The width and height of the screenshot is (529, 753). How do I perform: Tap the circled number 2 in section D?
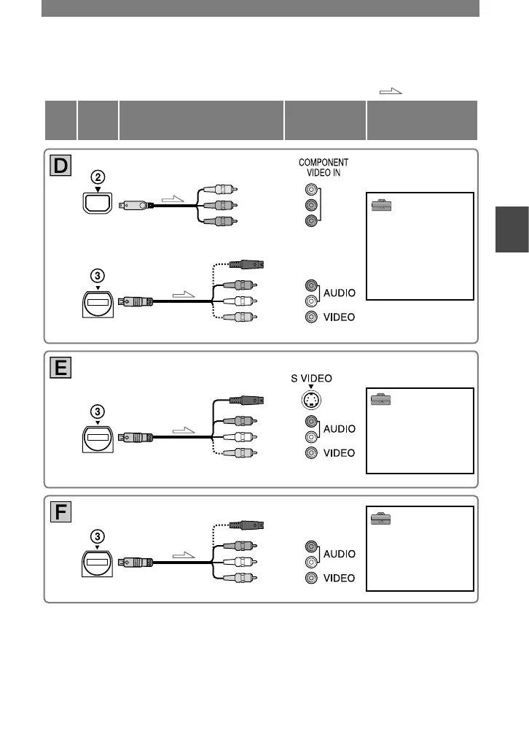pos(97,177)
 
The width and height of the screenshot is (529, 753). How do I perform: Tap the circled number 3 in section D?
pos(97,277)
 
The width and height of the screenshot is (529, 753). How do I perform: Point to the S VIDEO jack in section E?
pos(311,400)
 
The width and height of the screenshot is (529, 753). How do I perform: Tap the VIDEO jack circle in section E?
pos(311,453)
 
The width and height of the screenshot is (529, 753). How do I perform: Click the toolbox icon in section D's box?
pos(381,207)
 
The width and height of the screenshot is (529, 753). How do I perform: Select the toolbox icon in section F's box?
pos(381,519)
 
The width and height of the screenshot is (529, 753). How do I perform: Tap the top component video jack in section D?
pos(311,188)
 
